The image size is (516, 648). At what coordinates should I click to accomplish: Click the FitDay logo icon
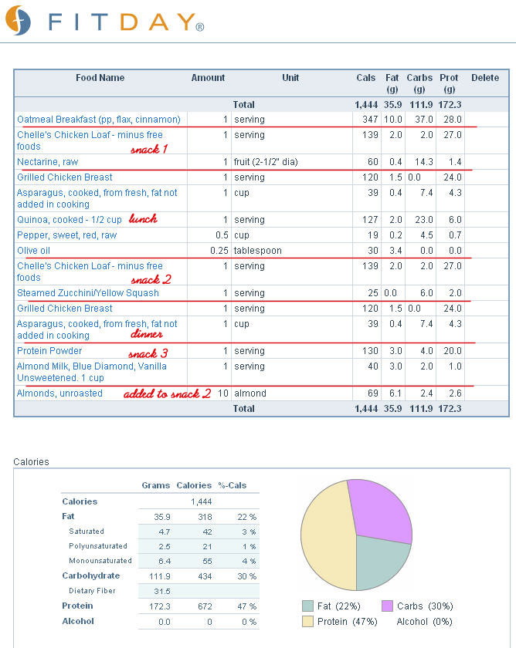click(18, 21)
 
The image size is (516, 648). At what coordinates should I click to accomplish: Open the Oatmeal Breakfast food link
click(99, 120)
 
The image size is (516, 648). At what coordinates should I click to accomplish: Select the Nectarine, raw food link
click(48, 162)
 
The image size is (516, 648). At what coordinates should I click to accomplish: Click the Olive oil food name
click(33, 251)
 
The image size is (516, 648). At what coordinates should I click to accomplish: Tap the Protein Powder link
click(49, 351)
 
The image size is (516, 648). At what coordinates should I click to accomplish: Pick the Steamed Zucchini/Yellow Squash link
click(88, 293)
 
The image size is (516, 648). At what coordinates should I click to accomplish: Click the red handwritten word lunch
click(143, 218)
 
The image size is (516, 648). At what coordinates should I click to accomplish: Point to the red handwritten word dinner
click(147, 334)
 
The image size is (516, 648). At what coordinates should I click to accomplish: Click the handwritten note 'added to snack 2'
click(168, 393)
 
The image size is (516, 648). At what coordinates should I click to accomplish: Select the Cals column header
click(366, 78)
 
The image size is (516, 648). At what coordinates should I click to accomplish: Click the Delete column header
click(485, 78)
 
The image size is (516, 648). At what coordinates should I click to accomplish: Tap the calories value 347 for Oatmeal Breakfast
click(370, 120)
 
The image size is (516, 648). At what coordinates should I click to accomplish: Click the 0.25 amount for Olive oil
click(219, 251)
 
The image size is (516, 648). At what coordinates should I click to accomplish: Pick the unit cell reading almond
click(250, 393)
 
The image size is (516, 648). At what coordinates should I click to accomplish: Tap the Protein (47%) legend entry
click(340, 622)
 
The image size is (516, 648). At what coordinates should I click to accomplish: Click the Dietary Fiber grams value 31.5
click(161, 592)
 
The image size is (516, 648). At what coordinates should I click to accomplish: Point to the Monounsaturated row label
click(100, 561)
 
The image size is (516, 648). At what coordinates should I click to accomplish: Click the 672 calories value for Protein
click(205, 606)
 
